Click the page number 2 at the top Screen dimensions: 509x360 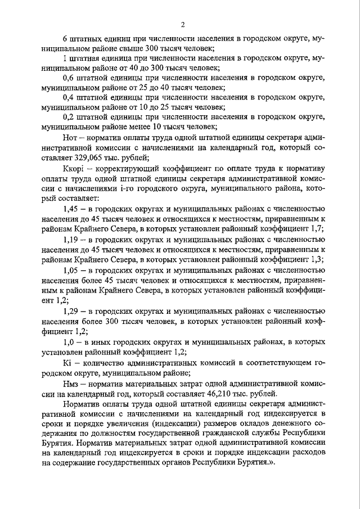[183, 24]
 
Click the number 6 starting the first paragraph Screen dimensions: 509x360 [65, 39]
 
